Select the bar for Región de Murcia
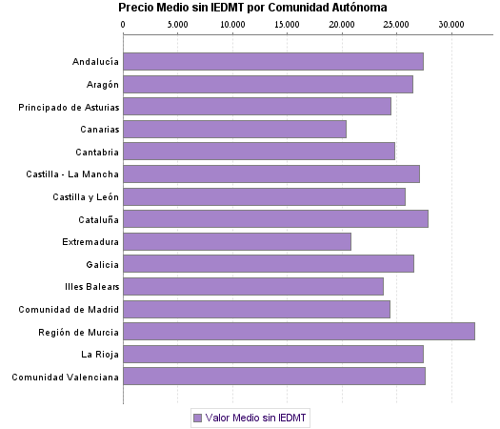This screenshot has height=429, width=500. (299, 331)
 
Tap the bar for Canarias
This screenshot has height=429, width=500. (235, 129)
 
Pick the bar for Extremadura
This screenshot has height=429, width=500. (237, 241)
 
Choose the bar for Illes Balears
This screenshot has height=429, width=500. (253, 286)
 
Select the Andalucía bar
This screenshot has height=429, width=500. (273, 62)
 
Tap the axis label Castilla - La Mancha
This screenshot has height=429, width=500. (73, 174)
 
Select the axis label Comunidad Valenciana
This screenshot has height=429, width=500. (65, 378)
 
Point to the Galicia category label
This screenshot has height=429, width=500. (102, 264)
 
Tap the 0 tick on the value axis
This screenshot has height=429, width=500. (124, 25)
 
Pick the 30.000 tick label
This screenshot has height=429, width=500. (451, 25)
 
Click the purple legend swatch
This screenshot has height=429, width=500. (197, 418)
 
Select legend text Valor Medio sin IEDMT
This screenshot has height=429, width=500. (257, 418)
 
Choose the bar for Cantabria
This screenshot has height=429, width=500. (259, 152)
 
